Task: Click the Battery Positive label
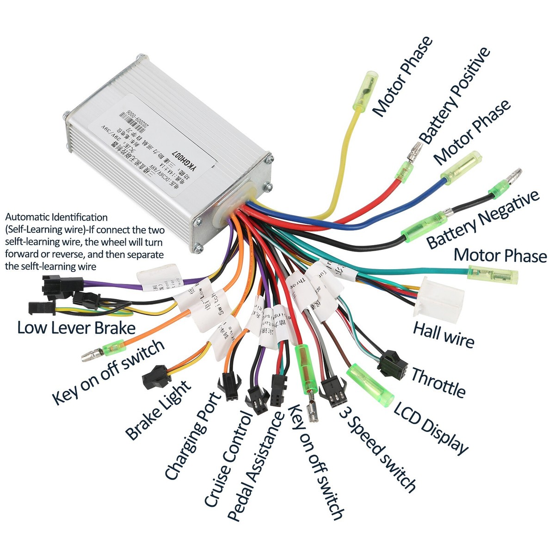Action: click(455, 95)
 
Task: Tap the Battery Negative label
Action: click(482, 220)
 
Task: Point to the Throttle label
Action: click(438, 382)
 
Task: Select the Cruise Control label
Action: click(228, 460)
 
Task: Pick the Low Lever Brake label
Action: click(76, 328)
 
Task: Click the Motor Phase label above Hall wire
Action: click(500, 255)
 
